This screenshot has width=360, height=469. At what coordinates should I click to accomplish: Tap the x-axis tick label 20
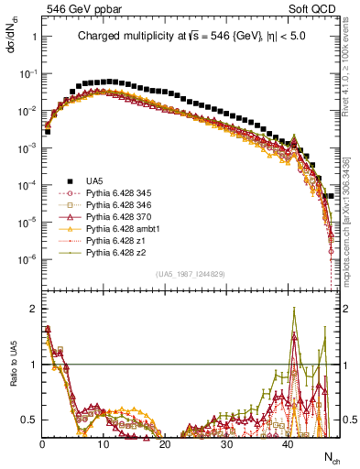pyautogui.click(x=164, y=444)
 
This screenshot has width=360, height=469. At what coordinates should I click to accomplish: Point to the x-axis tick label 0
pyautogui.click(x=42, y=444)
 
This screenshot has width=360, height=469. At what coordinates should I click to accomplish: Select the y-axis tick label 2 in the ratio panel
pyautogui.click(x=32, y=309)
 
